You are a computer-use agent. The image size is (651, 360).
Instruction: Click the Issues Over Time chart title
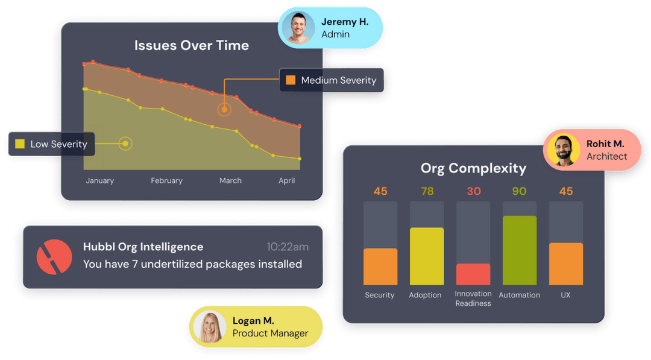pos(191,46)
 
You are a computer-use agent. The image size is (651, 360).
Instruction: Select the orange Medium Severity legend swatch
pos(291,80)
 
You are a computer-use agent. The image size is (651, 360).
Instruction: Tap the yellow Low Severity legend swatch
pos(20,144)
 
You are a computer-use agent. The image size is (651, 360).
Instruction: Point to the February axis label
pos(166,180)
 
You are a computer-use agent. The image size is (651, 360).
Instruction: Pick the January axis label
pos(99,180)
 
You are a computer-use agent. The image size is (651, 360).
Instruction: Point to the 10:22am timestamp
pos(288,247)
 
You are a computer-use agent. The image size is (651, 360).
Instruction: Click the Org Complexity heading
pos(473,168)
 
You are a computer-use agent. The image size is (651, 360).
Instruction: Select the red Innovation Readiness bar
pos(473,274)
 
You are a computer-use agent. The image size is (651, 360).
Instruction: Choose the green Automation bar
pos(519,250)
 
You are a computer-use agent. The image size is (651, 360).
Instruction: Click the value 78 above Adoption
pos(427,191)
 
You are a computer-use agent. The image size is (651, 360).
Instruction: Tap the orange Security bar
pos(380,267)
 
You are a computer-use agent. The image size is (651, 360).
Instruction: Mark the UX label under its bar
pos(565,295)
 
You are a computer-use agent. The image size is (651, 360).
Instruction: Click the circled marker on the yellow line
pos(125,144)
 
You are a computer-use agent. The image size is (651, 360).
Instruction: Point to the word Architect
pos(606,156)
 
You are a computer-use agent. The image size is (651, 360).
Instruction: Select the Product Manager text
pos(270,333)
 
